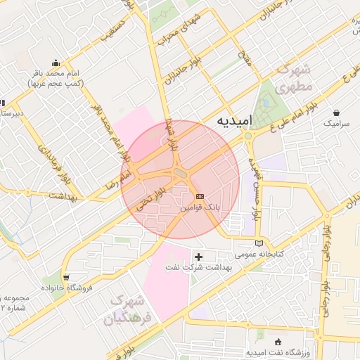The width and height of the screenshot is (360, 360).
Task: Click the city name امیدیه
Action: (233, 120)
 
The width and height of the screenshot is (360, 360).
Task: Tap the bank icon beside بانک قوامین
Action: (200, 196)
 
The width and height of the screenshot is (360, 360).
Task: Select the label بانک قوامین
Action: (199, 209)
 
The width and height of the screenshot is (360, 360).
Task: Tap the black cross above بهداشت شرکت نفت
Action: (199, 257)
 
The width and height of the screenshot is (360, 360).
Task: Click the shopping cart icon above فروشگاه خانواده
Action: (66, 278)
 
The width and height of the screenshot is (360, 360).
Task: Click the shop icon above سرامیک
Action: (337, 112)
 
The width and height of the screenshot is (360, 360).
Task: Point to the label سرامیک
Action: (336, 123)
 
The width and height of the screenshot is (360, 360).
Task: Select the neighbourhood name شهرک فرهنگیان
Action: (129, 310)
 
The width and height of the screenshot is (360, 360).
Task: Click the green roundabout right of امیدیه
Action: (249, 136)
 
